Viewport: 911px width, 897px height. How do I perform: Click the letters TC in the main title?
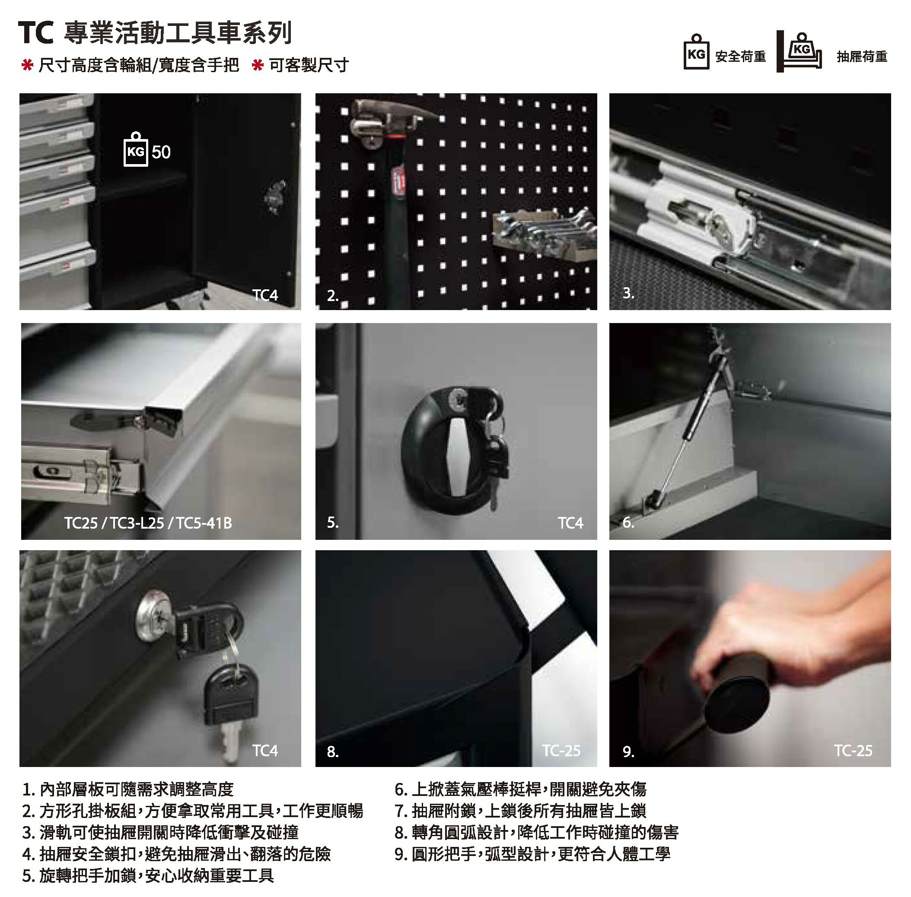[x=36, y=33]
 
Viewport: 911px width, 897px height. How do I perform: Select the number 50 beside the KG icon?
[x=161, y=152]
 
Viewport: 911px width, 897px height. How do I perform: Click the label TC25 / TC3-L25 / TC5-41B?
[x=148, y=523]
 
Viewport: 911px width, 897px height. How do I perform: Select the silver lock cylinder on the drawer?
[x=155, y=615]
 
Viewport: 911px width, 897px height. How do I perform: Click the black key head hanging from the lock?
[x=231, y=695]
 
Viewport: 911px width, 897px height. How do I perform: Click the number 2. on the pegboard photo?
[x=332, y=296]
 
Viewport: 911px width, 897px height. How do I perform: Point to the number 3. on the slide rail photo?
[x=628, y=293]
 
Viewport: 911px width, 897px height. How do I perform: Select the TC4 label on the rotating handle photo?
[x=570, y=523]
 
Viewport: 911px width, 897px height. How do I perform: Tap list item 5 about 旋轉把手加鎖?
[x=148, y=876]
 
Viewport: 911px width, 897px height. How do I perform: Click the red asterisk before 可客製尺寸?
[x=258, y=65]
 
